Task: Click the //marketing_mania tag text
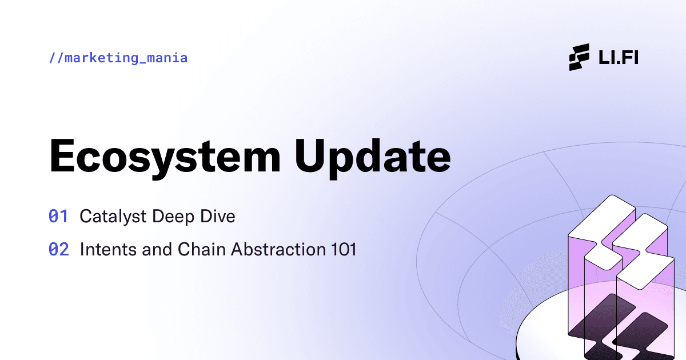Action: click(118, 58)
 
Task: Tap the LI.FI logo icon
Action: click(579, 57)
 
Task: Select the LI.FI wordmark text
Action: click(617, 58)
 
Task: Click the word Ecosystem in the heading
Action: click(165, 155)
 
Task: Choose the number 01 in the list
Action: click(58, 217)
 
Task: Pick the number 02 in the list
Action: click(58, 250)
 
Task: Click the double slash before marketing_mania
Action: click(55, 58)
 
